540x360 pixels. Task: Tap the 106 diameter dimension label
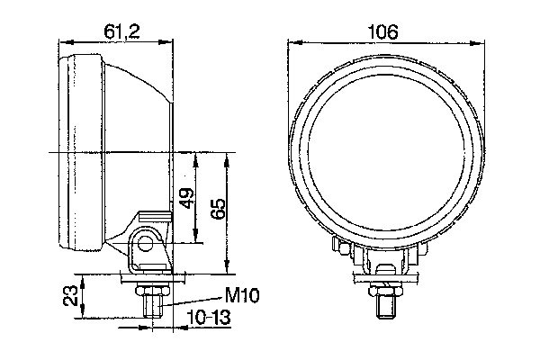coord(383,31)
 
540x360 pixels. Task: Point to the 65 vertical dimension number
coord(217,210)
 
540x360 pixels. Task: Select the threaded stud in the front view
coord(384,305)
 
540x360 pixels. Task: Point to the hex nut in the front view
coord(384,290)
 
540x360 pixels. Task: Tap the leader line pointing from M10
coord(193,300)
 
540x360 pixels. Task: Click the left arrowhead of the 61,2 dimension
coord(62,41)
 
